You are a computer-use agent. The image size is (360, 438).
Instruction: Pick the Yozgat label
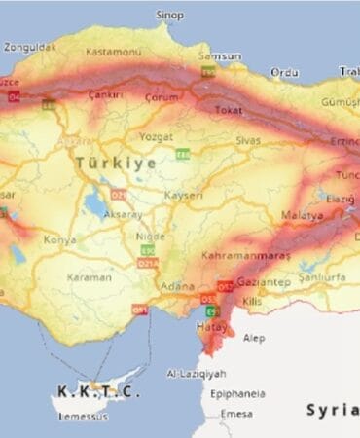156,136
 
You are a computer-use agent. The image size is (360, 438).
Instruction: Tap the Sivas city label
250,140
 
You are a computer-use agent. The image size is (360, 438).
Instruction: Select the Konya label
59,238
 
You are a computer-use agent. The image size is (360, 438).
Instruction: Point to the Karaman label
90,277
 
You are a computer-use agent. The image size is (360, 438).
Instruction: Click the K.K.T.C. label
98,391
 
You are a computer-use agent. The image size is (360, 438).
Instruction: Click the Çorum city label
162,97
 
